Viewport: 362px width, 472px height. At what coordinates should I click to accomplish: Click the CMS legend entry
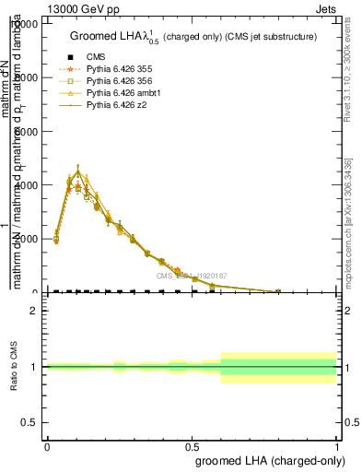click(x=96, y=57)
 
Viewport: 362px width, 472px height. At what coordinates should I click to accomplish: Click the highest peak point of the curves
click(x=78, y=171)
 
